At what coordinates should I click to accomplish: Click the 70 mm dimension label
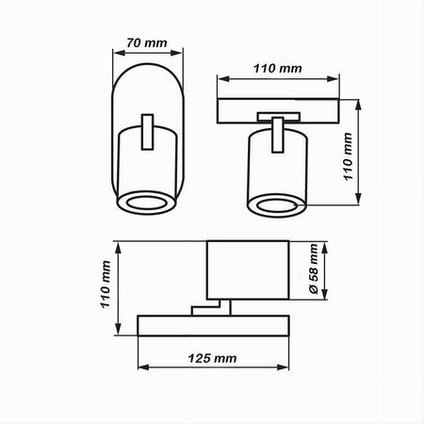(x=148, y=42)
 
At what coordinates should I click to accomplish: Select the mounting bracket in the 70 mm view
(x=147, y=132)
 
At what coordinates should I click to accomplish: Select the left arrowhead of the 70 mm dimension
(x=115, y=54)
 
